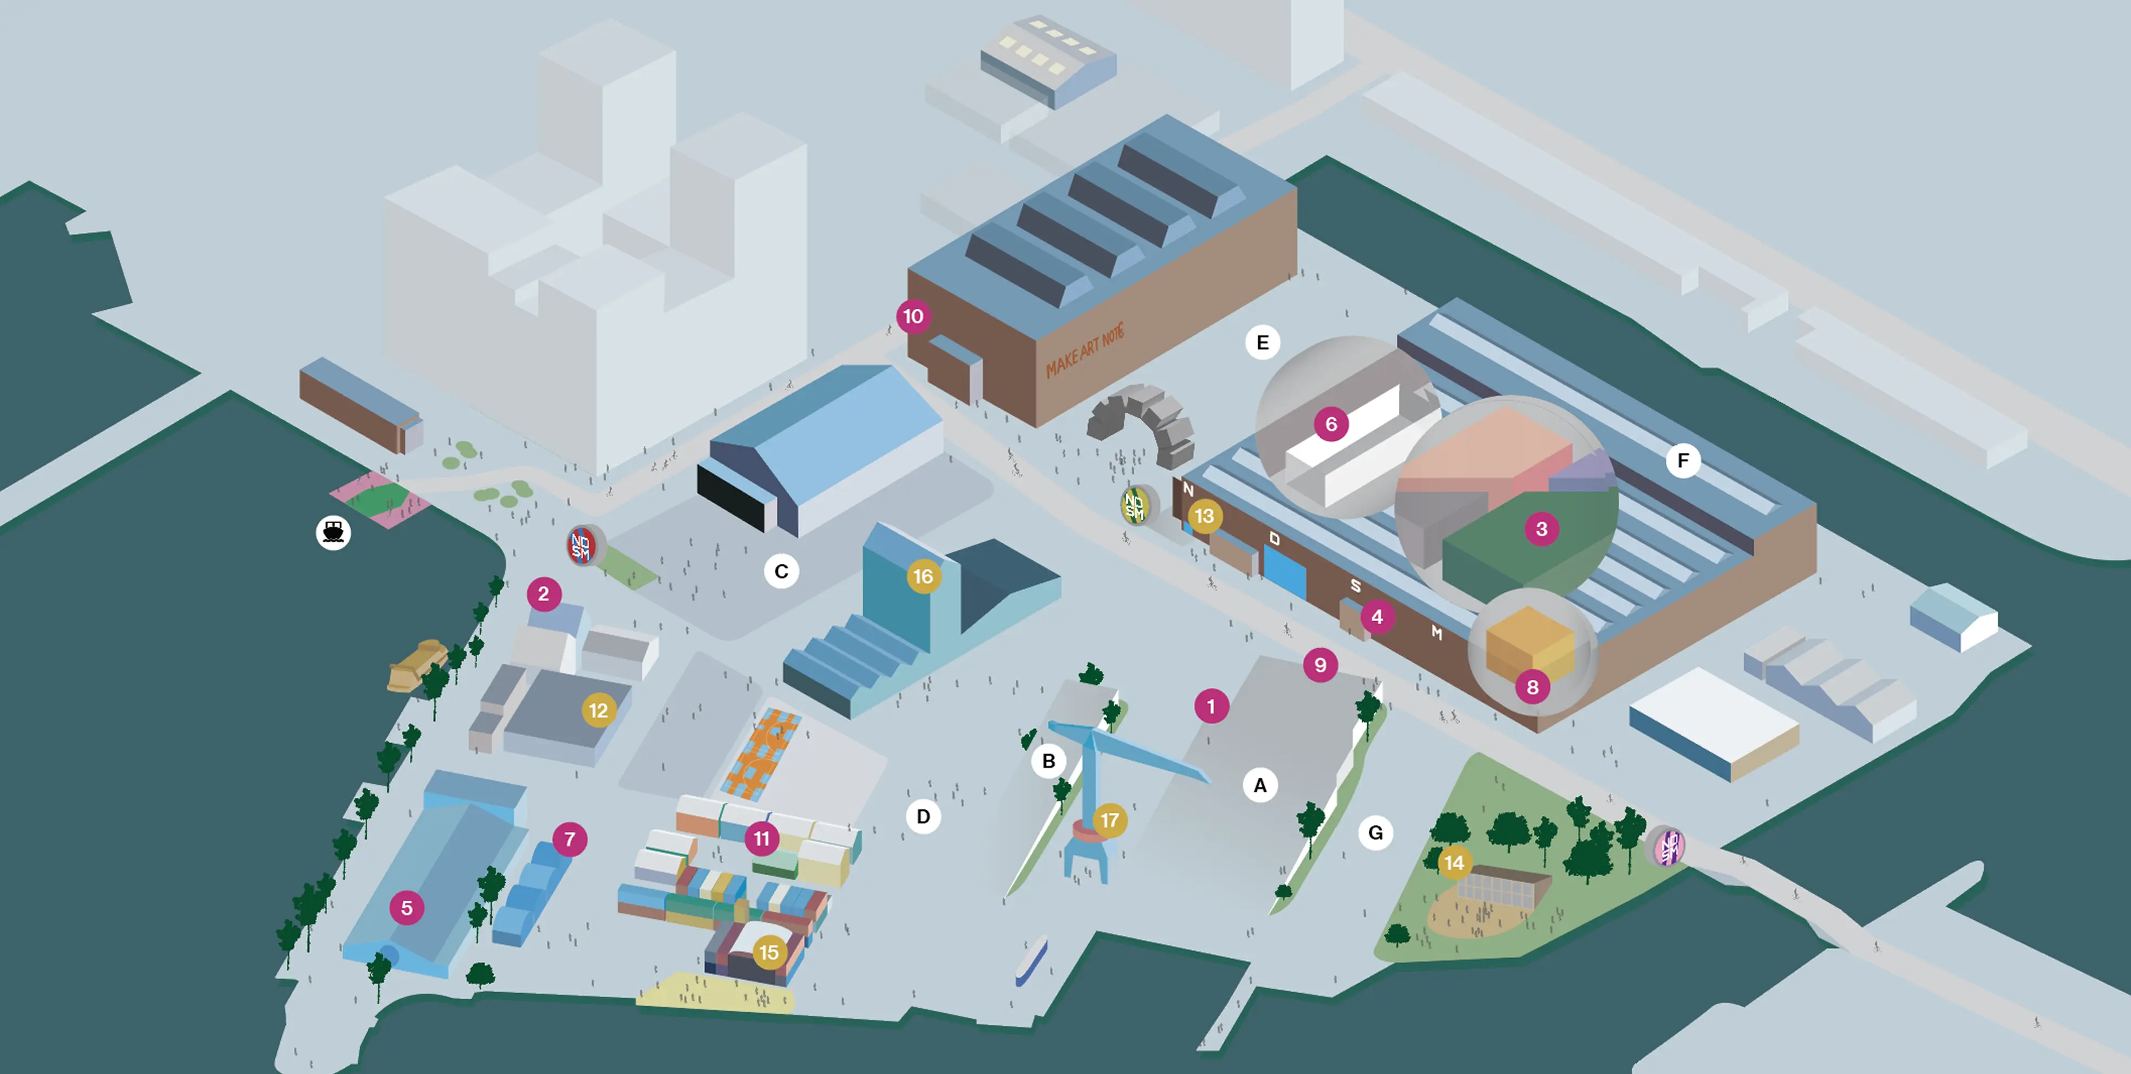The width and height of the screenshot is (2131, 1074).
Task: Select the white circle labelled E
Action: (1263, 342)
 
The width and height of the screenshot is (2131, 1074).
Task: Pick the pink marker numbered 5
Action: (406, 908)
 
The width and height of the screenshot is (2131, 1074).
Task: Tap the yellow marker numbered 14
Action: (1454, 863)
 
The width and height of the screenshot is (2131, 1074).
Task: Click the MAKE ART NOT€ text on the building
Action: (1084, 352)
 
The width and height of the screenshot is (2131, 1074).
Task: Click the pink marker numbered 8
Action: (1532, 687)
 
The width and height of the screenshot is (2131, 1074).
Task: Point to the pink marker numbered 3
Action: (1541, 529)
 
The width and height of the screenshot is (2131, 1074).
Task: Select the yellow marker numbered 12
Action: (598, 710)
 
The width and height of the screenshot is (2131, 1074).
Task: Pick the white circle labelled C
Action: (781, 571)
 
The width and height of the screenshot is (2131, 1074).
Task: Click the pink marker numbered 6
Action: (1331, 425)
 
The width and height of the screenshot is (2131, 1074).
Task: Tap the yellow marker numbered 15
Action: (768, 952)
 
